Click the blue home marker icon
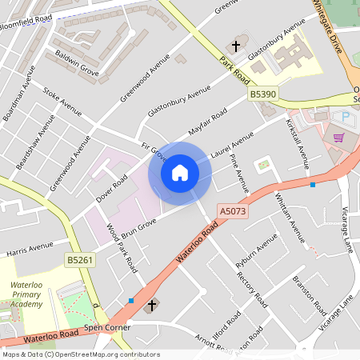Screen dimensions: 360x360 click(179, 173)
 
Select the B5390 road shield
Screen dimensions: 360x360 click(262, 94)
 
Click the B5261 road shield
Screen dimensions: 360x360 click(80, 260)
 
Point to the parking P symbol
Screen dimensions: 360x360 click(346, 117)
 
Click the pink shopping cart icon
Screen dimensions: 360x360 click(338, 137)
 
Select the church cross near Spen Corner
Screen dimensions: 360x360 click(152, 305)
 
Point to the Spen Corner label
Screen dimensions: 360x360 click(106, 328)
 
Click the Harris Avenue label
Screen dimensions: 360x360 click(29, 249)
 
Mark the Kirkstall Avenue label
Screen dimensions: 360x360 click(298, 144)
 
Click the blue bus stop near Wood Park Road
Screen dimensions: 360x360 click(131, 301)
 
